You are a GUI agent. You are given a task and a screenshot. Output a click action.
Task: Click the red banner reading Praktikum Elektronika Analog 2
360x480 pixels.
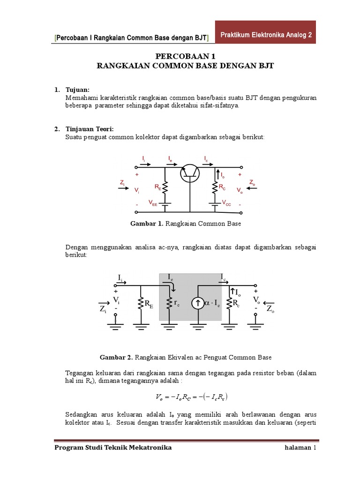point(266,35)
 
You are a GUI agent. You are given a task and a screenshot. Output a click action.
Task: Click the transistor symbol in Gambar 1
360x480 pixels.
point(190,173)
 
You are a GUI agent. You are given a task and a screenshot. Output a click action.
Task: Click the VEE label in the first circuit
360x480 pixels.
point(153,202)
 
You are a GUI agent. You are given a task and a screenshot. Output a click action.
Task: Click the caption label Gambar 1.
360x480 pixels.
point(146,224)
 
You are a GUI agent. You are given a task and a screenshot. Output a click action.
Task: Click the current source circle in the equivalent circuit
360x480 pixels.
point(196,303)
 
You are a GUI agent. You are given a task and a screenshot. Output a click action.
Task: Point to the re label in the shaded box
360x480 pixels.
point(176,303)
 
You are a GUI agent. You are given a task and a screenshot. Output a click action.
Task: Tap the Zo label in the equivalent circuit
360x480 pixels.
point(270,310)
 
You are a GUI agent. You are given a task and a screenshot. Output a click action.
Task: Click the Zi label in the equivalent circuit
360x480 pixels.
point(104,310)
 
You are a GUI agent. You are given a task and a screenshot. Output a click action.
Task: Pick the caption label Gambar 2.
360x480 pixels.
point(116,357)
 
